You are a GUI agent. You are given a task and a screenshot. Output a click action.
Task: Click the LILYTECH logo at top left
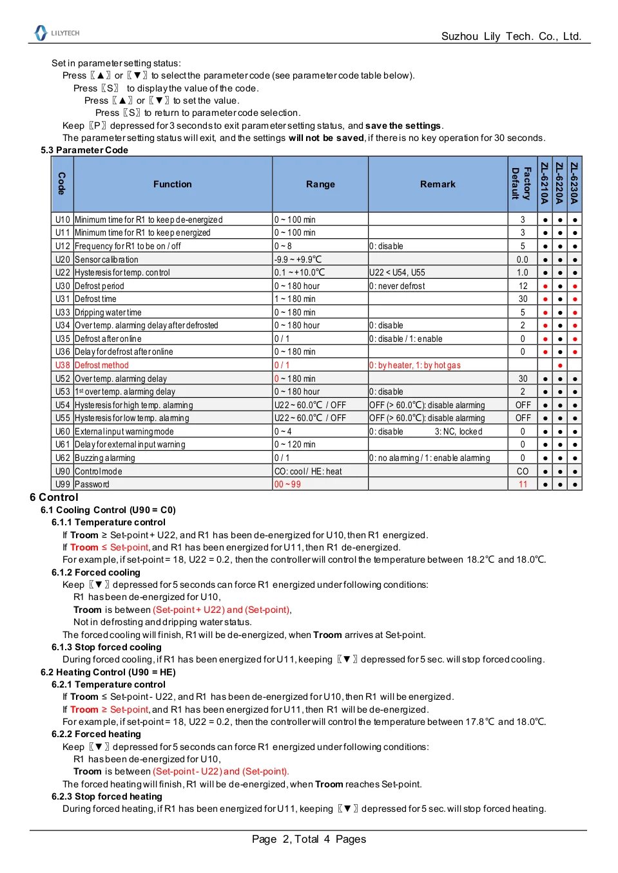57,33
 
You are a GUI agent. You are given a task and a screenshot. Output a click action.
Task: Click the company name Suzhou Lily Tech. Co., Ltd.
511,37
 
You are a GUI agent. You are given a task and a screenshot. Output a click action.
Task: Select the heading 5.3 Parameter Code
84,150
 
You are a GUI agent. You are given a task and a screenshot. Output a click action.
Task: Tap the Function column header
173,184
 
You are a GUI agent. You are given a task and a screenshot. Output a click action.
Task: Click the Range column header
320,184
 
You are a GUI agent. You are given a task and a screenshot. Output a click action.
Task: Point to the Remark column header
438,184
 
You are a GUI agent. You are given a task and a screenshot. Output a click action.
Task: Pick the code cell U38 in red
63,365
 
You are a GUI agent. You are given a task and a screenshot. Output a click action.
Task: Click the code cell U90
63,471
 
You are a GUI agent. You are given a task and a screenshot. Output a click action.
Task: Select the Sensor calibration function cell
107,259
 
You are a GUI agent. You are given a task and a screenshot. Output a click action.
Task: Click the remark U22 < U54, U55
398,273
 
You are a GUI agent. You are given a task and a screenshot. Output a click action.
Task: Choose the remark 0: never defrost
398,286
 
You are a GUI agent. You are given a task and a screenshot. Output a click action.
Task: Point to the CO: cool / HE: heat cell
308,471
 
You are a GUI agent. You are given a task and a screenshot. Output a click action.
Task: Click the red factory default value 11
523,485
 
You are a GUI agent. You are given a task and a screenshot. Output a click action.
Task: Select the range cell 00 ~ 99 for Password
287,485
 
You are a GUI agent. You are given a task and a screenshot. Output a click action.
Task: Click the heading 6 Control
54,497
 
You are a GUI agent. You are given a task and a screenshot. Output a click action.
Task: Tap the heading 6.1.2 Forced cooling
96,572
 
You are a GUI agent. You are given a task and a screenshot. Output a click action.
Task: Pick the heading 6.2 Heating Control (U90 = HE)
108,672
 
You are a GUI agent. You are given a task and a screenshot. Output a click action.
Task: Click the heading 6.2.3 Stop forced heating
107,796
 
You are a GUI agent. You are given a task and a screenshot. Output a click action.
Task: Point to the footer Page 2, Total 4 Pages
309,840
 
